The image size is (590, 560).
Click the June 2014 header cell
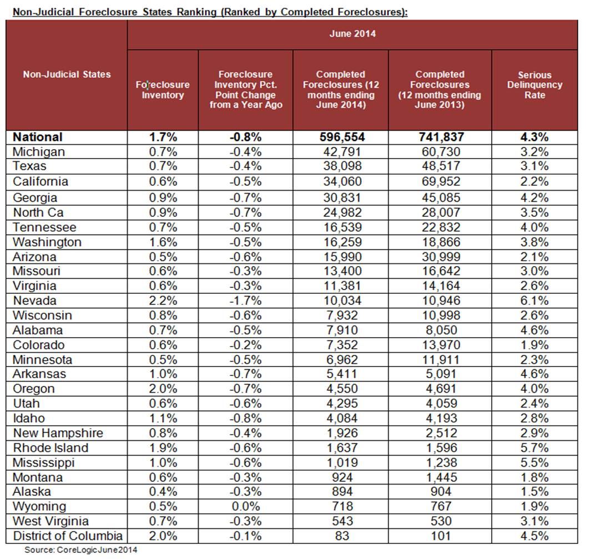pos(352,34)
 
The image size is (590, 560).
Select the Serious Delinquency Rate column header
pos(534,85)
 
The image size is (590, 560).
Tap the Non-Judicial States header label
pos(67,74)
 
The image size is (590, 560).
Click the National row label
pos(38,137)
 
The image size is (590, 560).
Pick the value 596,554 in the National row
pos(340,137)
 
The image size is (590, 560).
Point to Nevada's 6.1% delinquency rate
pos(534,301)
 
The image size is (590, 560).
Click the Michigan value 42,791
pos(340,151)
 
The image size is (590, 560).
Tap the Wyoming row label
pos(39,506)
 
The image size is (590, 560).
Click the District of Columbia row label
pos(68,536)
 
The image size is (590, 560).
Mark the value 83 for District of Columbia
pos(340,536)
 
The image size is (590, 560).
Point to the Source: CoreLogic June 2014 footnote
pos(80,550)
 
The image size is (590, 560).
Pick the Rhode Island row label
pos(51,447)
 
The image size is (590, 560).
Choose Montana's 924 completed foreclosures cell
pos(340,477)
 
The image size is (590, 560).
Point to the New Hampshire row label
pos(58,433)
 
